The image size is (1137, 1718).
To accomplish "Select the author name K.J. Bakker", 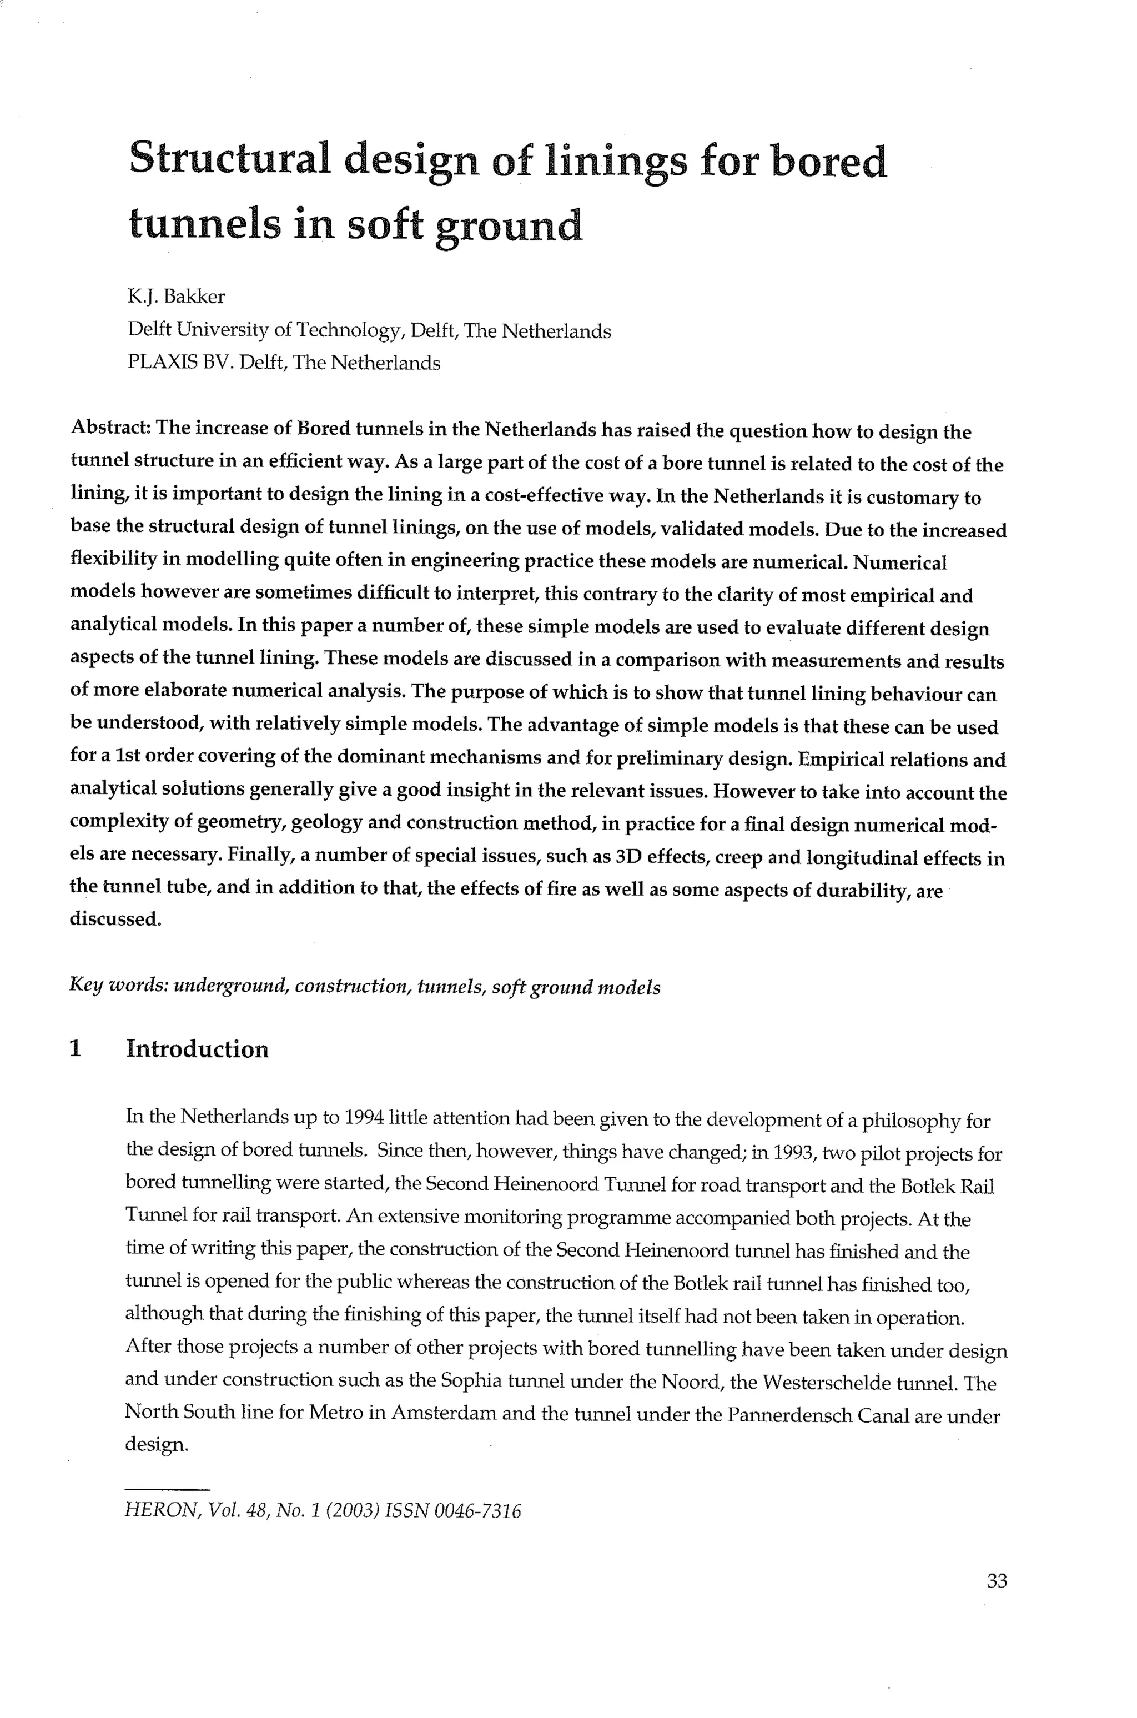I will pos(176,297).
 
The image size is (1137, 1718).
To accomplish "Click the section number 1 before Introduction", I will pos(75,1049).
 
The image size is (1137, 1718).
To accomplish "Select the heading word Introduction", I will pos(197,1049).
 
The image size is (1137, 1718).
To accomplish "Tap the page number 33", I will pos(997,1581).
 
